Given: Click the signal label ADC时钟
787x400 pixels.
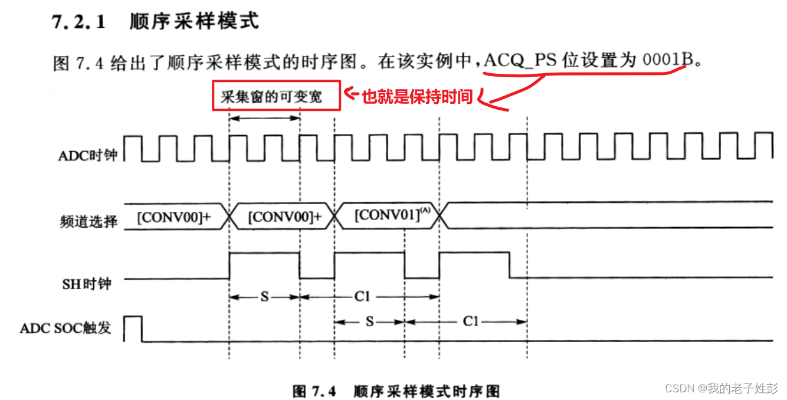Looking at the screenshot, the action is [88, 156].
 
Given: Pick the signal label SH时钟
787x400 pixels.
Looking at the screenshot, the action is [87, 284].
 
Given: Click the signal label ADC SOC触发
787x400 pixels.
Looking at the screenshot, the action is [65, 328].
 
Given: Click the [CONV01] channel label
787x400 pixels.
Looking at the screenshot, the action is [390, 215].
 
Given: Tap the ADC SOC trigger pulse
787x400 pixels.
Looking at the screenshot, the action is [133, 328].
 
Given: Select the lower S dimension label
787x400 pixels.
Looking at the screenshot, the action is [369, 322].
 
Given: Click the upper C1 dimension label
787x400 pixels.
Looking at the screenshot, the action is [362, 297].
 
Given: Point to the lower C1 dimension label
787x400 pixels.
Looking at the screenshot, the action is [470, 322].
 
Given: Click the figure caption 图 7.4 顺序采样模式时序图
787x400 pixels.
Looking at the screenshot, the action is [396, 391].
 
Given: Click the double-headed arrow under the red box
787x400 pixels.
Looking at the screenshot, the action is [264, 118].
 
